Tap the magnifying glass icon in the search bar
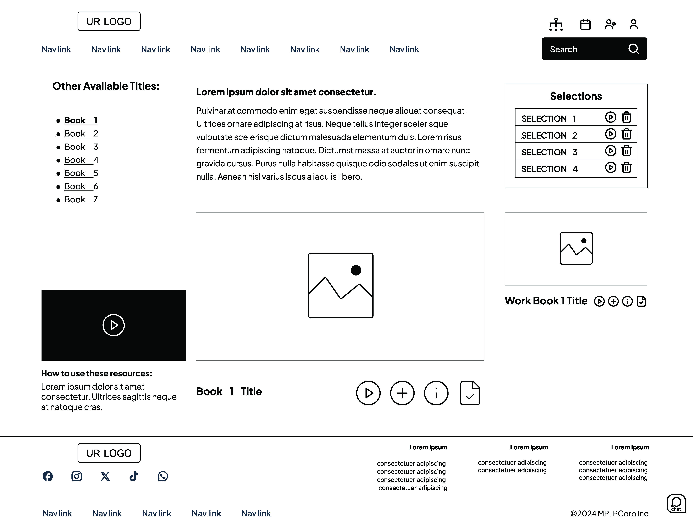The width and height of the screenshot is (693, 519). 633,49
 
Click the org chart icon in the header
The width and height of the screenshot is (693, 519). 556,24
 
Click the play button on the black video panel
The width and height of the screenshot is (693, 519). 113,325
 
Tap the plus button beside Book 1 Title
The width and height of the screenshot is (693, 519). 402,393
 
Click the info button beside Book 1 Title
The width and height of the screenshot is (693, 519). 436,393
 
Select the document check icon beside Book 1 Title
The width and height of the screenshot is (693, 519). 470,393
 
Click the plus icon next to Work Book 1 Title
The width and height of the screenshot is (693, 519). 613,301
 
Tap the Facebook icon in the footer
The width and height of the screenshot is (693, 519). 48,476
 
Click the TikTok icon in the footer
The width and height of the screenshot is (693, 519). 134,476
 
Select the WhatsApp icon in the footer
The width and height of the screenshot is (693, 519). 163,476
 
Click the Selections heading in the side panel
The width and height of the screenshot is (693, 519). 576,96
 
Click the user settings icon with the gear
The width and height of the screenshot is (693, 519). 610,24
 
